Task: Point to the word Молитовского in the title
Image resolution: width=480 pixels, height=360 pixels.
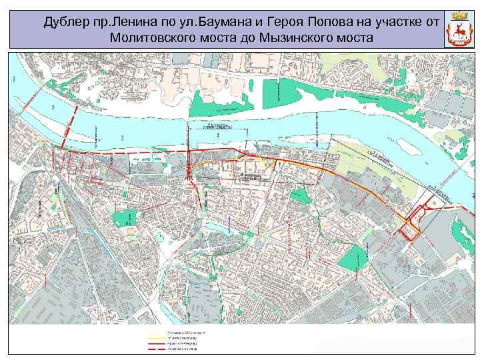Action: pos(155,37)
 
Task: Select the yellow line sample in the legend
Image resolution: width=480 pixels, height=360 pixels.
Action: pos(155,338)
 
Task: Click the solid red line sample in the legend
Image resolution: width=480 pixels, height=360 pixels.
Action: pos(155,343)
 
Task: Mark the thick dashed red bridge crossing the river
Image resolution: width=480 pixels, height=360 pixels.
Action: pos(71,127)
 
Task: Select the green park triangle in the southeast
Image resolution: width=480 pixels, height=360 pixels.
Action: pos(353,257)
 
